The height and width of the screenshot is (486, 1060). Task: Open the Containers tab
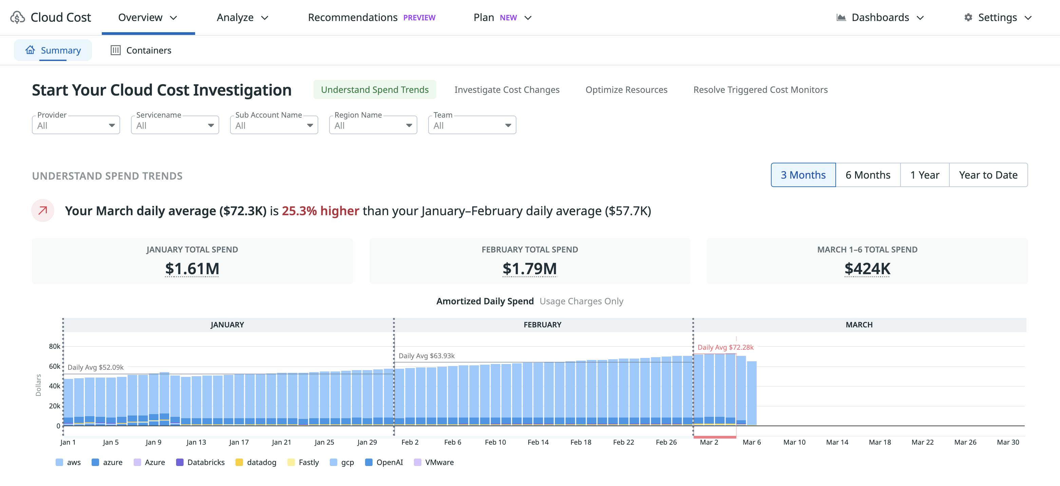(141, 50)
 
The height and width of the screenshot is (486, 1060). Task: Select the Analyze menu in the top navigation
(242, 17)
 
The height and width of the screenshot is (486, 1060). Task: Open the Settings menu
(998, 17)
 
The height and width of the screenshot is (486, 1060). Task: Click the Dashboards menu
(880, 17)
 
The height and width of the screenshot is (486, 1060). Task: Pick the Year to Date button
(988, 175)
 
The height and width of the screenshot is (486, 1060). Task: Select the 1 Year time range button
(924, 175)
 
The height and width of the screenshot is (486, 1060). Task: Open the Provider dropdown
(76, 125)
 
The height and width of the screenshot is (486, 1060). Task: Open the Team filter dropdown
(472, 125)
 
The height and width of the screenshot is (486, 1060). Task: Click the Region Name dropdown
(373, 125)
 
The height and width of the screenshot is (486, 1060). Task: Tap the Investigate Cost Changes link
(507, 89)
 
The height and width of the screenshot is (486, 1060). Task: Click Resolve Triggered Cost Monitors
(760, 89)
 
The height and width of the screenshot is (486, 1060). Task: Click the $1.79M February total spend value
(529, 268)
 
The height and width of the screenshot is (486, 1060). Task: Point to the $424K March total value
(867, 268)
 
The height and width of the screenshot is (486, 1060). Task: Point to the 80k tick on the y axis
(54, 346)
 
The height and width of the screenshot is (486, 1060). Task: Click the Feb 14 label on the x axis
(538, 442)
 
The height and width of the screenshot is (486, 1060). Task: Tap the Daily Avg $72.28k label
(725, 347)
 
